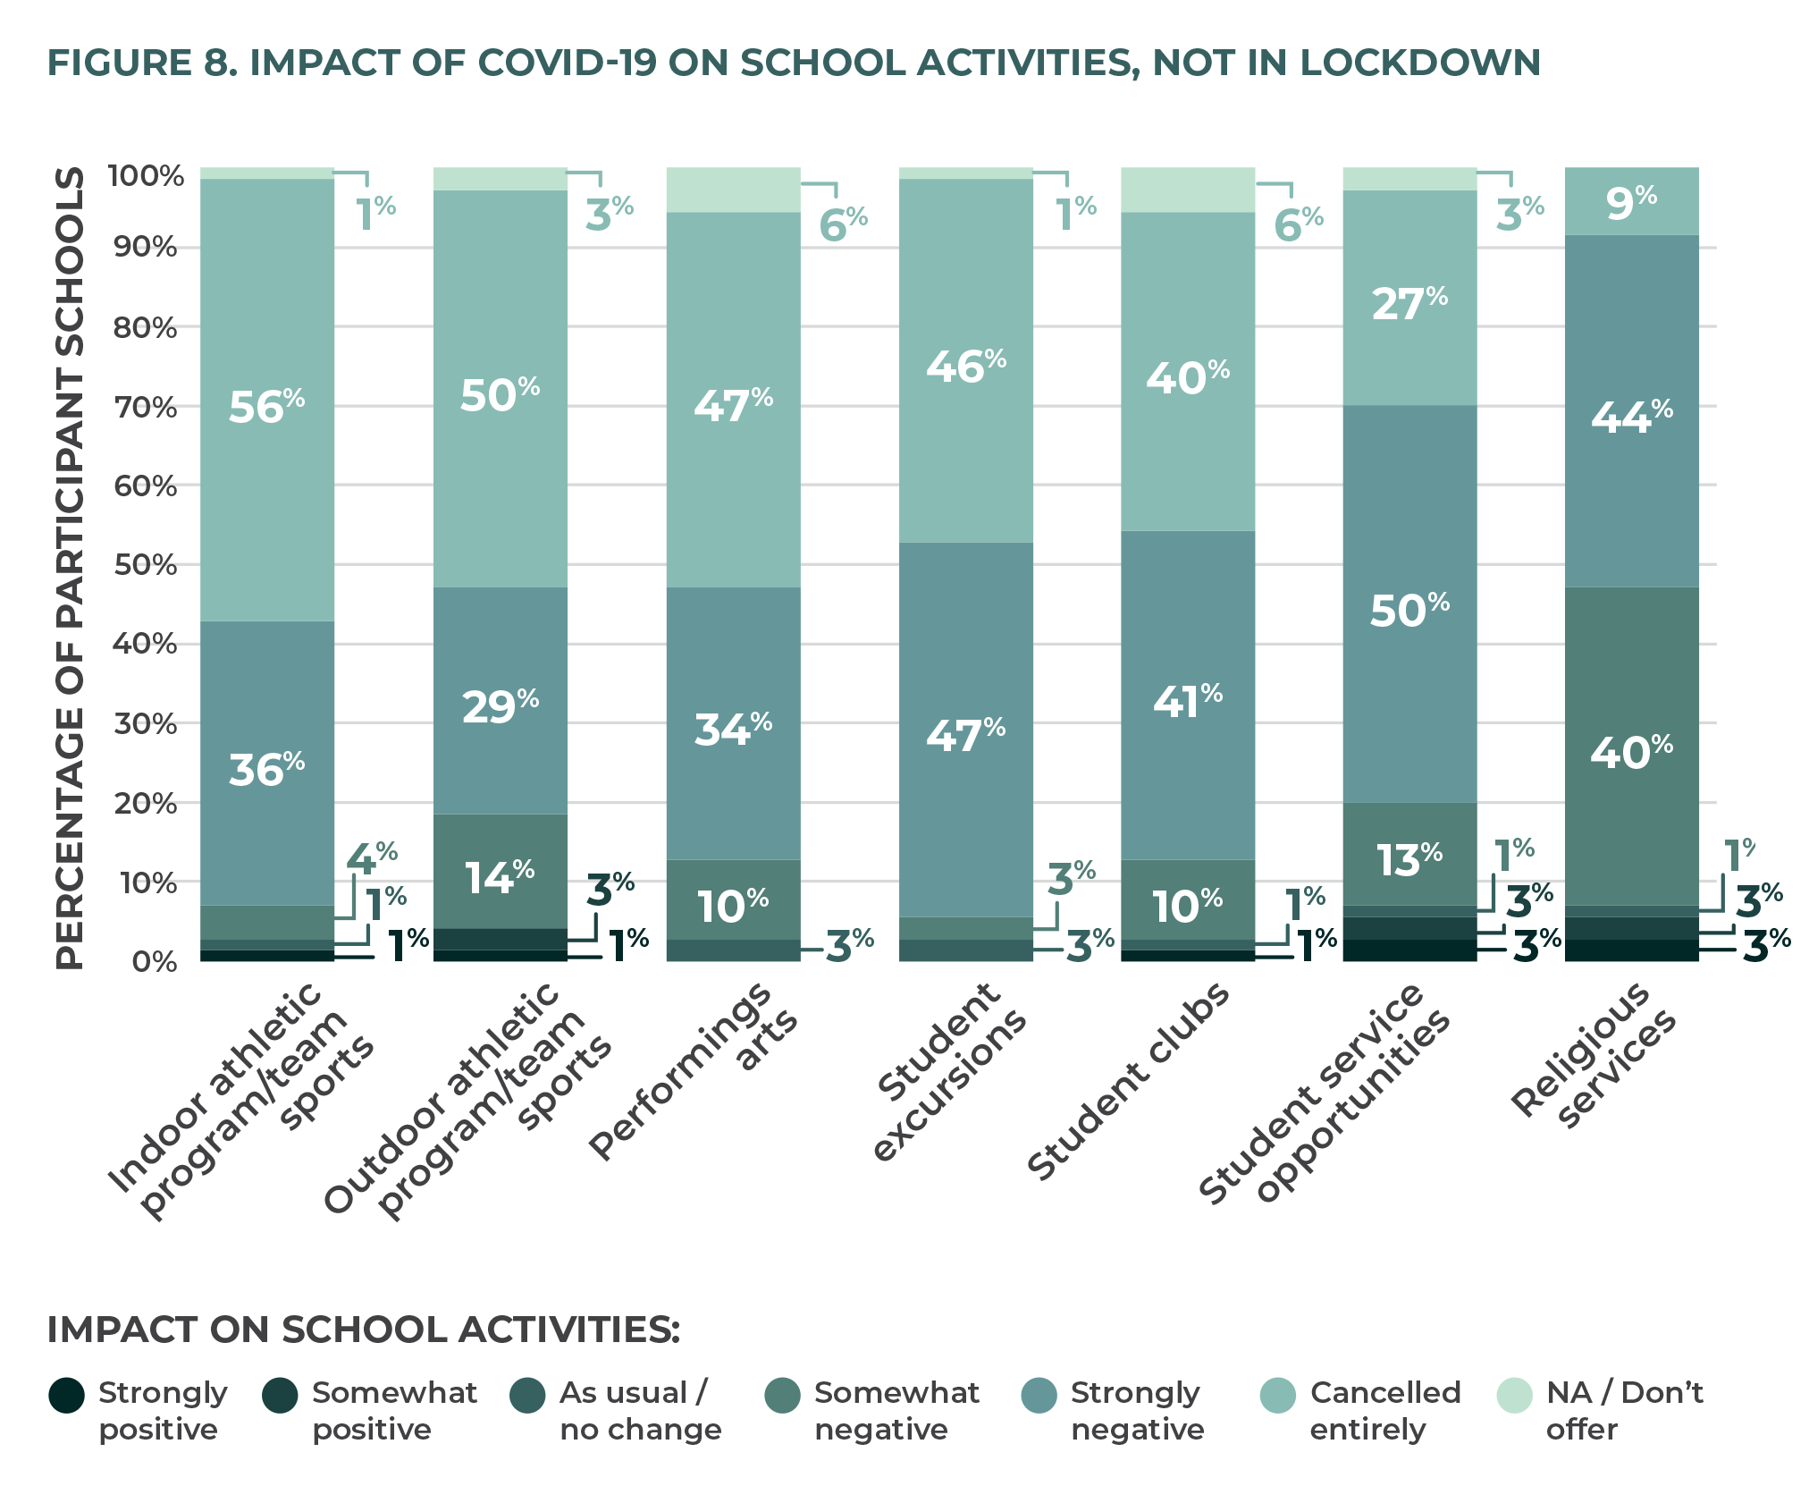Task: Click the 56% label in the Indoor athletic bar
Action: click(266, 407)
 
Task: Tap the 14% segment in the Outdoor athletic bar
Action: click(500, 876)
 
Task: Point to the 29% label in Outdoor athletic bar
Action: click(500, 706)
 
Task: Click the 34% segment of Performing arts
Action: click(733, 729)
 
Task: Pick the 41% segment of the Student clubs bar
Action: click(1187, 700)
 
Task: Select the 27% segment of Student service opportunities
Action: click(1409, 302)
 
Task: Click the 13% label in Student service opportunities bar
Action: click(1409, 859)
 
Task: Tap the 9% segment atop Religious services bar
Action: click(1631, 202)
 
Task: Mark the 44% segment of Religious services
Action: click(1631, 416)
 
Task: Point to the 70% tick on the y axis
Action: click(145, 408)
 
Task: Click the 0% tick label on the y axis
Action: click(155, 962)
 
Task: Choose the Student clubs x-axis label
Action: click(1128, 1082)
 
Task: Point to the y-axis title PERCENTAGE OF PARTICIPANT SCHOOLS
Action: click(70, 568)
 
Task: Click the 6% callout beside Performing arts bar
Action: click(843, 224)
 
